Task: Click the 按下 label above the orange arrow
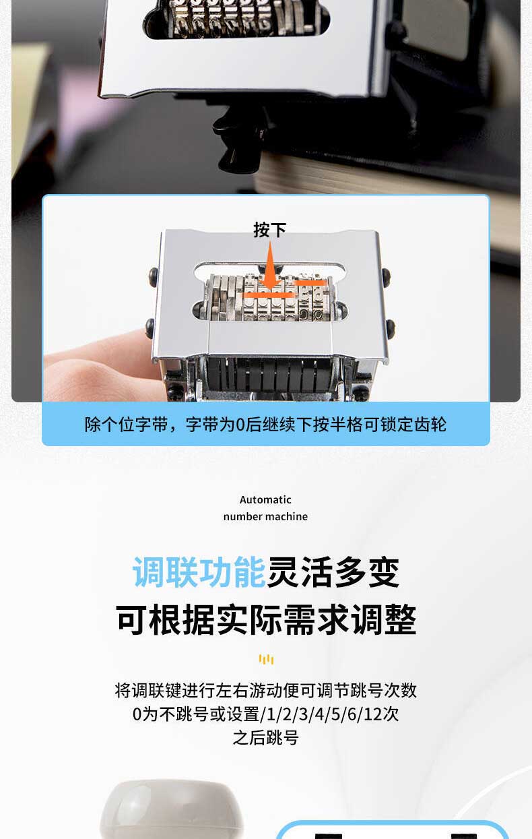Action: click(x=269, y=230)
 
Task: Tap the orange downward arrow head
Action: click(x=270, y=280)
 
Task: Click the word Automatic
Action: click(x=265, y=499)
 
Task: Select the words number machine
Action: click(x=265, y=516)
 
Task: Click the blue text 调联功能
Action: click(x=199, y=572)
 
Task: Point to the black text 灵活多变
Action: click(x=333, y=572)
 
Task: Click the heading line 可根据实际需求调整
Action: click(x=266, y=619)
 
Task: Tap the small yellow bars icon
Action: click(x=266, y=659)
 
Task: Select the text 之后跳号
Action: click(x=265, y=738)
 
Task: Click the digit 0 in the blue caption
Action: click(x=240, y=425)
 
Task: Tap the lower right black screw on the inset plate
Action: click(x=389, y=327)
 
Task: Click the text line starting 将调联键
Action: click(x=266, y=690)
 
